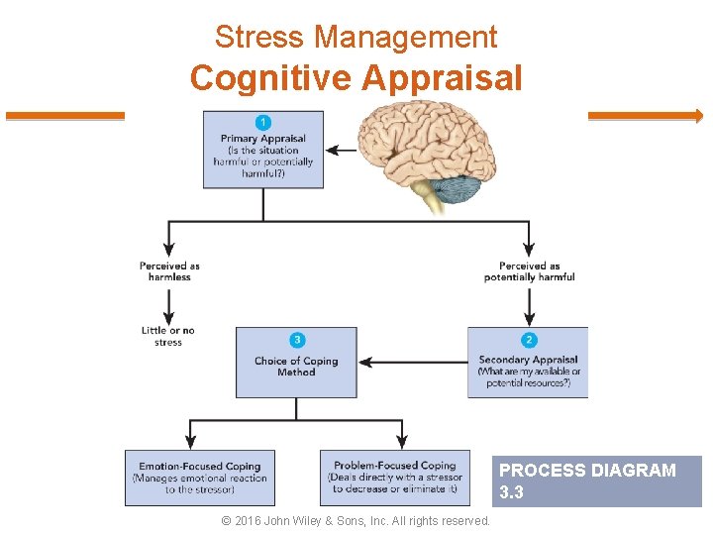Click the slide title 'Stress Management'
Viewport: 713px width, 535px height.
(x=356, y=38)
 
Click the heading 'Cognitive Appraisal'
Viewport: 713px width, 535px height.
(x=356, y=77)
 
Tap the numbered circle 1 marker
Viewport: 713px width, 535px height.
(x=262, y=122)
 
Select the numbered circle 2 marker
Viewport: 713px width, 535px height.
(x=529, y=340)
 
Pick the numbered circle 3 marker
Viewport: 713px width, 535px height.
(x=296, y=340)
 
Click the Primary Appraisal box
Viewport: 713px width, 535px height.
(x=262, y=151)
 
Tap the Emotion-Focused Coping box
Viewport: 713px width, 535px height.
(x=200, y=478)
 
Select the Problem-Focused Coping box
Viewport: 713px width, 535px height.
(x=395, y=478)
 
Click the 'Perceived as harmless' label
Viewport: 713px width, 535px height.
(x=169, y=271)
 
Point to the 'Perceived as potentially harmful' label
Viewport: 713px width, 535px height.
(x=529, y=271)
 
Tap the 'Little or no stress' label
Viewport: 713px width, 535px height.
(x=168, y=337)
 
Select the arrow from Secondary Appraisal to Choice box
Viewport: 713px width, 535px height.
(x=412, y=363)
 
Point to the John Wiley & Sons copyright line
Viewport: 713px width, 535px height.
(x=356, y=521)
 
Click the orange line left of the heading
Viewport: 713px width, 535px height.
(x=65, y=116)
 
